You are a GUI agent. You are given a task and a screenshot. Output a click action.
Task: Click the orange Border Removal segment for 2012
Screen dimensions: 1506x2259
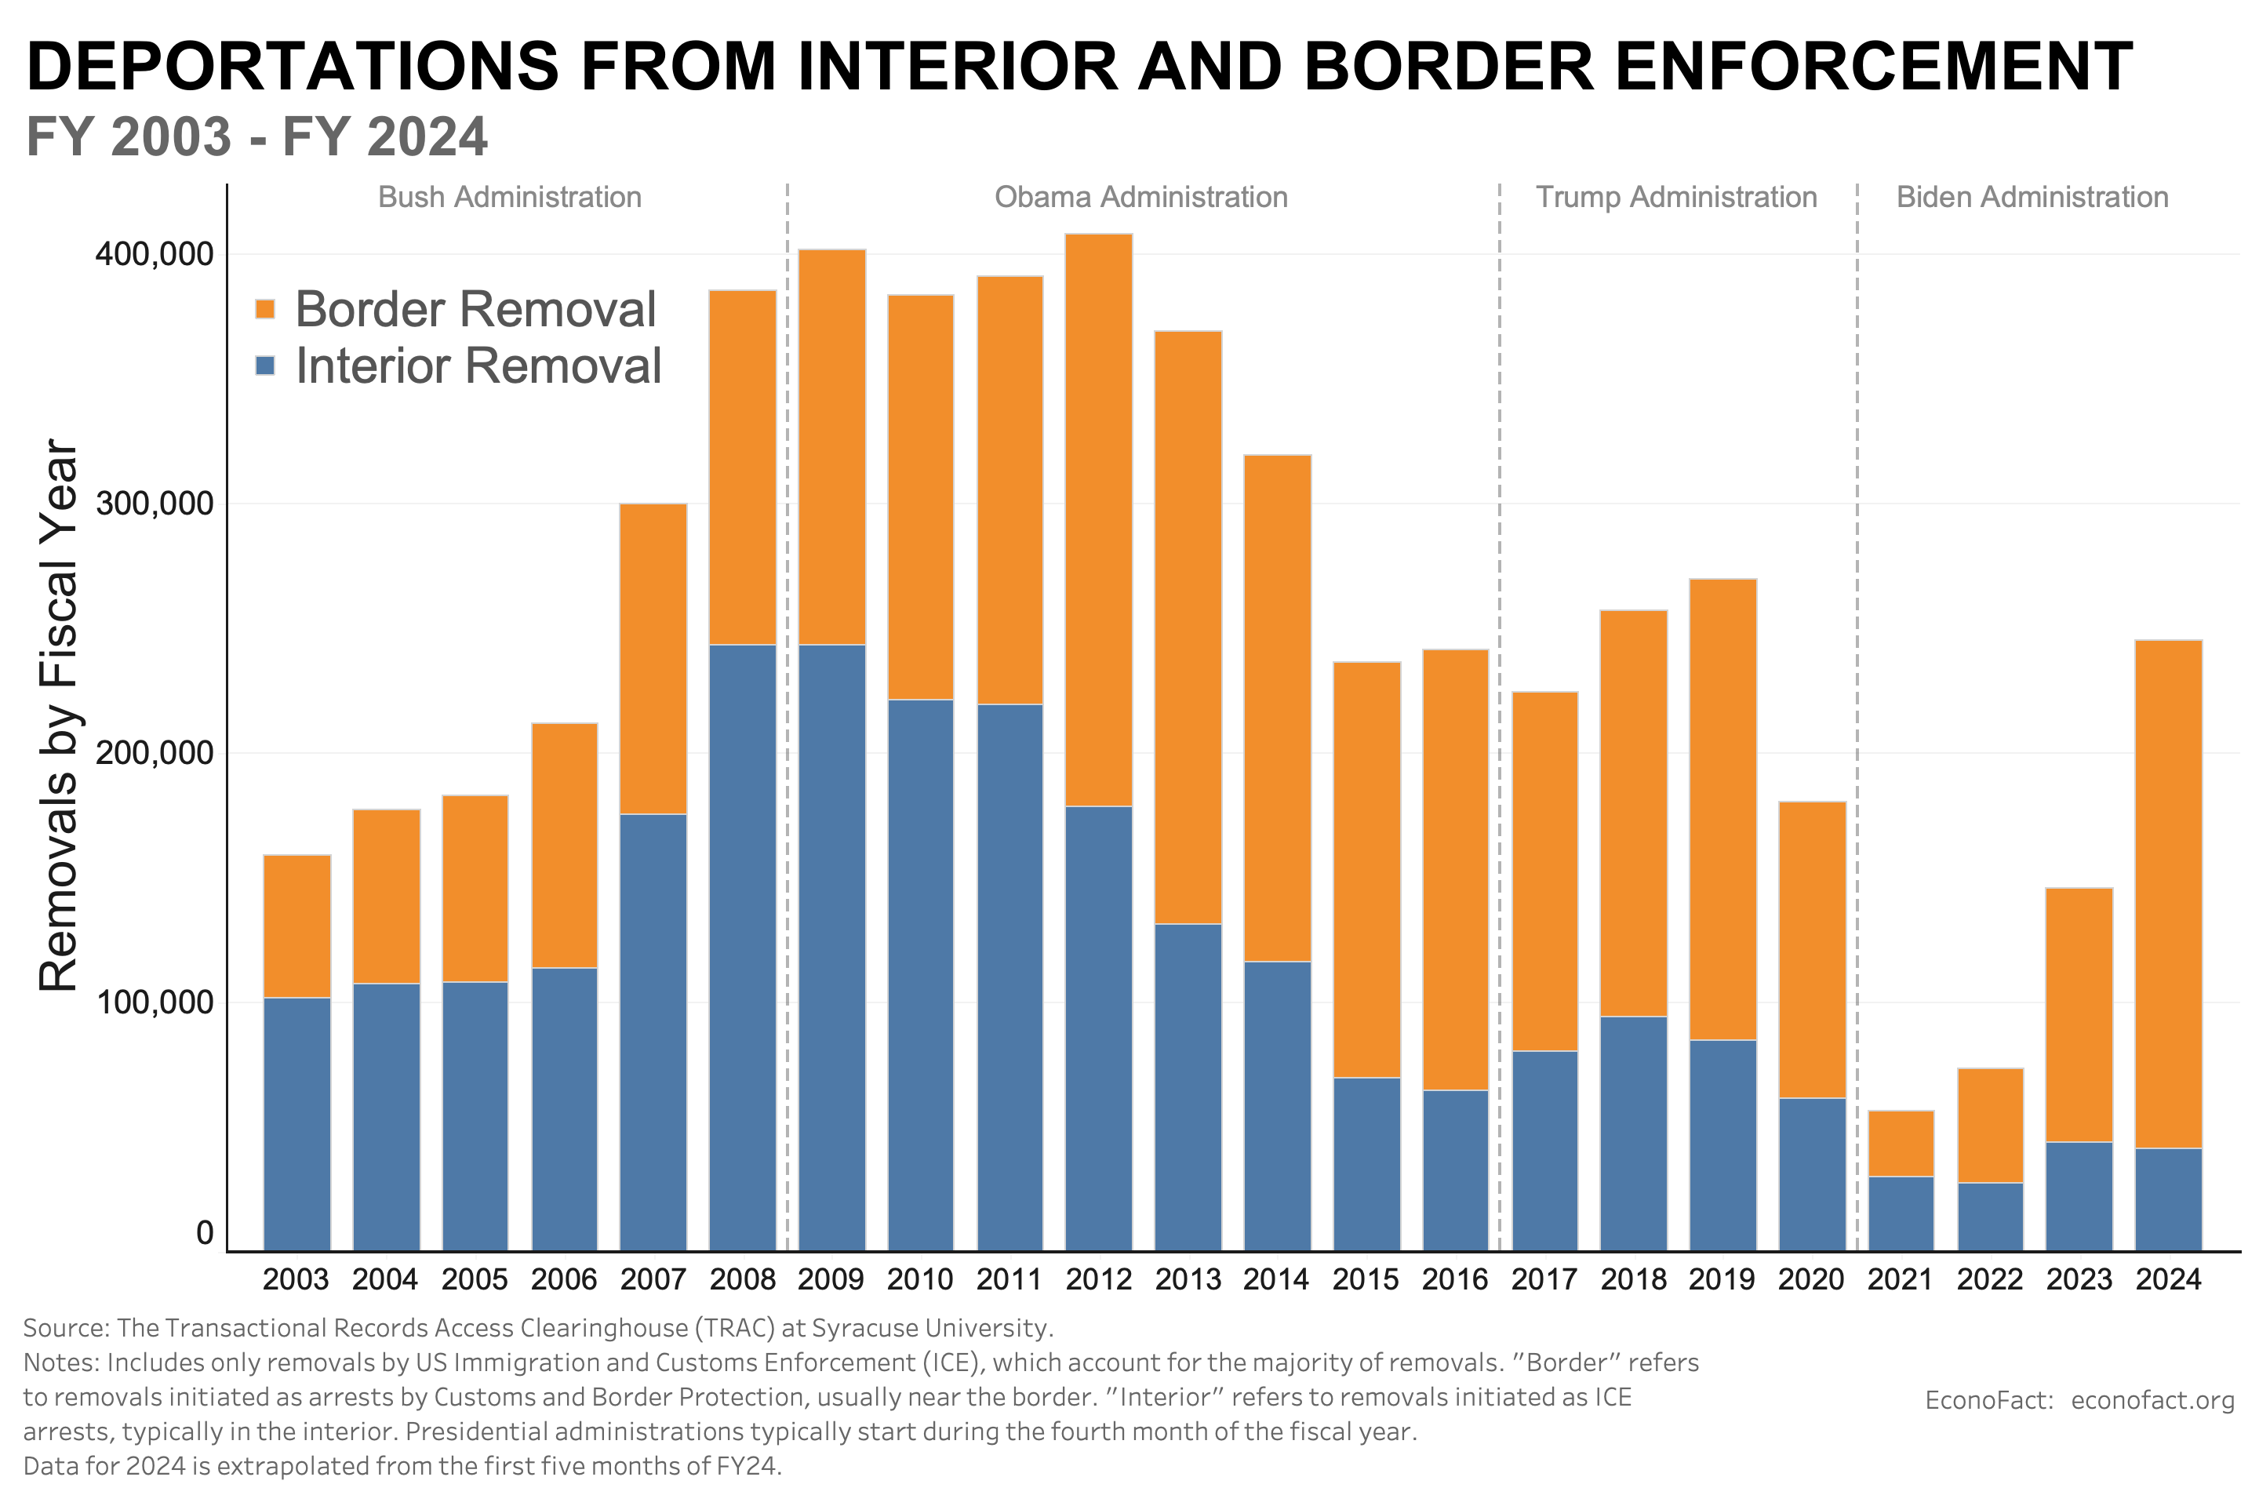1099,518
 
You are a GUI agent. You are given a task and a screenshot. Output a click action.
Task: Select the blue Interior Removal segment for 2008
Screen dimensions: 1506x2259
743,946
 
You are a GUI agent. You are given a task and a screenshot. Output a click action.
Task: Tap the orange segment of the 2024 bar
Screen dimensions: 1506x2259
2168,893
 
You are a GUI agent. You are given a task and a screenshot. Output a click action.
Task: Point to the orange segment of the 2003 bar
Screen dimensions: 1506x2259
296,926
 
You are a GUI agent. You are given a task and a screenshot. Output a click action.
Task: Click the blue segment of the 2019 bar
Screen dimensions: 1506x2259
1722,1145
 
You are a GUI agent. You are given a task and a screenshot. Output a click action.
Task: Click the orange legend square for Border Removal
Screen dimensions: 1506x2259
265,309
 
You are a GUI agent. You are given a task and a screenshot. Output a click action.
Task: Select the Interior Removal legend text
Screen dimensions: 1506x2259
478,366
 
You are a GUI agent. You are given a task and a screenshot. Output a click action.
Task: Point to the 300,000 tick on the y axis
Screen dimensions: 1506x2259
154,504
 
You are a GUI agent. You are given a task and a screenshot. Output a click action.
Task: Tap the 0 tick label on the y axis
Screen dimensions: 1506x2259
205,1232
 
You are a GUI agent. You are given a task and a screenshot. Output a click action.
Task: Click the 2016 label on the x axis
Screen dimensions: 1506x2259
1454,1279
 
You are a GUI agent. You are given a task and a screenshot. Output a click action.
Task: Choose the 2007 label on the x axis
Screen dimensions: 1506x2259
653,1279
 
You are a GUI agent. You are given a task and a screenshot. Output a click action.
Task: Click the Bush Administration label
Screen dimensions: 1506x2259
509,197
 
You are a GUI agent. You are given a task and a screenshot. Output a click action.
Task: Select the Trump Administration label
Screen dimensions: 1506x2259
1676,197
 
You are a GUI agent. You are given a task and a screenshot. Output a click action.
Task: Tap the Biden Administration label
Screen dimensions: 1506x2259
2032,197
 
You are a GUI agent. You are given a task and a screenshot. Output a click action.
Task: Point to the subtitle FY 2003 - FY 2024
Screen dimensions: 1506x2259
256,136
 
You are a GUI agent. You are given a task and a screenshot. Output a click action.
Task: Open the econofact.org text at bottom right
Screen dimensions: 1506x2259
2152,1399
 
